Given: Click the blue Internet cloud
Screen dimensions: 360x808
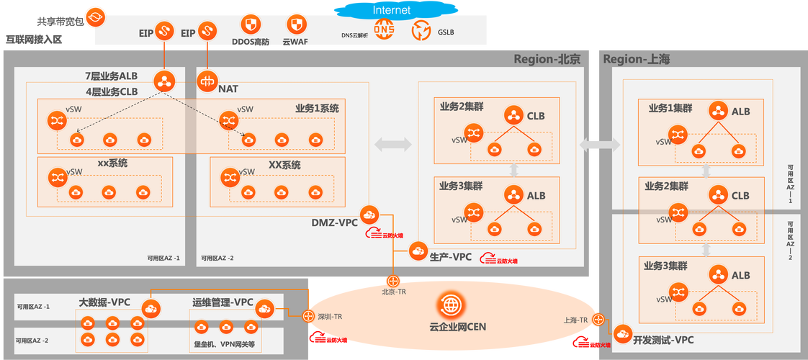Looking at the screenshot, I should point(392,10).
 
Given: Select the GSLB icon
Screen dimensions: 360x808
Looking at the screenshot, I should point(421,31).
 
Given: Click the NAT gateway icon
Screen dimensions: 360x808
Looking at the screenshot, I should point(207,81).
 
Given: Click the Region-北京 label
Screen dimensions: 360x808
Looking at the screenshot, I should point(547,59).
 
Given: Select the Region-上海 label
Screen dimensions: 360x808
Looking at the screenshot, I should point(637,59).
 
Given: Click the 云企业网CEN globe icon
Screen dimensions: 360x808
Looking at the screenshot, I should point(452,305).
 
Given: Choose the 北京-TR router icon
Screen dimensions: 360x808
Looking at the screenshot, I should point(393,280).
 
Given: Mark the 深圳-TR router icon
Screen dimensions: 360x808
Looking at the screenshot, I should point(308,316).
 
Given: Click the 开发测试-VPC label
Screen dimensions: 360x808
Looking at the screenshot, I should point(664,339).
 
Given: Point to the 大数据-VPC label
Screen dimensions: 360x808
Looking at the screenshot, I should point(104,302).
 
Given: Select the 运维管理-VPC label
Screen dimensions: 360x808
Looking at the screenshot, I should point(223,302).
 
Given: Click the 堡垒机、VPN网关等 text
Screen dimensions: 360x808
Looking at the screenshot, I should point(225,344).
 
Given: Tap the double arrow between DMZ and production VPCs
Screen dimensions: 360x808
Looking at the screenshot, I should point(393,145).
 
